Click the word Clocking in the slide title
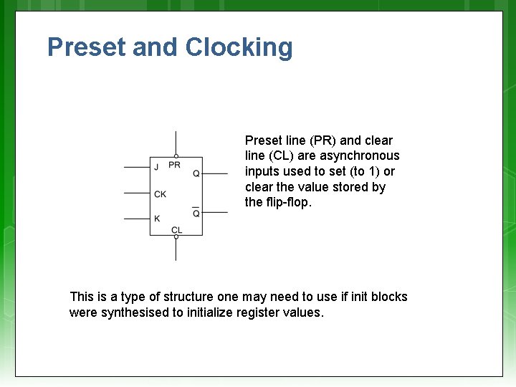coord(239,47)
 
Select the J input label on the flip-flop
coord(156,168)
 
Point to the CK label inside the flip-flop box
coord(160,193)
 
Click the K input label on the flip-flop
coord(157,219)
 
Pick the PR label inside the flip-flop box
coord(174,165)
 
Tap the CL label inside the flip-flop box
coord(176,229)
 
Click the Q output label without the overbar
coord(196,173)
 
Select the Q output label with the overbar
coord(196,213)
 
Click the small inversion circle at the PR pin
coord(176,156)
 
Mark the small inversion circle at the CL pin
coord(176,237)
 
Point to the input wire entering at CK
coord(136,193)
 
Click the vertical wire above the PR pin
coord(176,142)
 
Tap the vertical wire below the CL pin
coord(176,250)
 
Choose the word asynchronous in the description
coord(360,156)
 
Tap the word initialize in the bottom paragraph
coord(209,313)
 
